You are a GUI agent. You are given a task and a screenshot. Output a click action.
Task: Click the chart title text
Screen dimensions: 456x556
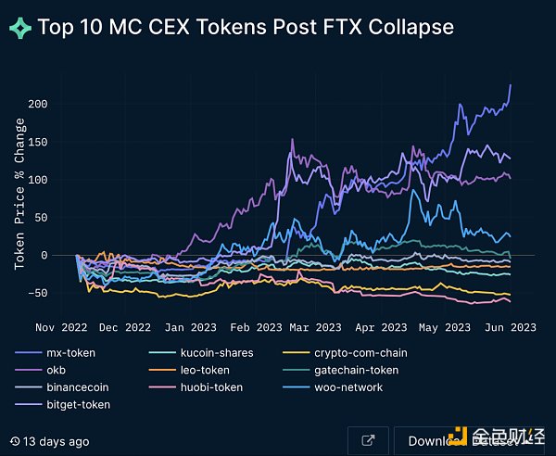(246, 26)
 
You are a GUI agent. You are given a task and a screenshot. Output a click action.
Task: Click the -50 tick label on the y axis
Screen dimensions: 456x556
(61, 294)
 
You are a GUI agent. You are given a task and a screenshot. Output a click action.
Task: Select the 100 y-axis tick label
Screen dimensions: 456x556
(61, 180)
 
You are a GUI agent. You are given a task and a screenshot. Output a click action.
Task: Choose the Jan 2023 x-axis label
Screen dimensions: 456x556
(190, 327)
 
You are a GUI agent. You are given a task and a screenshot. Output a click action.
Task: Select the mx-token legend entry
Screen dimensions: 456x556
(69, 353)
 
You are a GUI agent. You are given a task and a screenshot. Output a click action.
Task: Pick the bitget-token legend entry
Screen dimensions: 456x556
(77, 404)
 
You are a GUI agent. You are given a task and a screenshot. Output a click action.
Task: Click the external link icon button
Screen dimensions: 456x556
(368, 441)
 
